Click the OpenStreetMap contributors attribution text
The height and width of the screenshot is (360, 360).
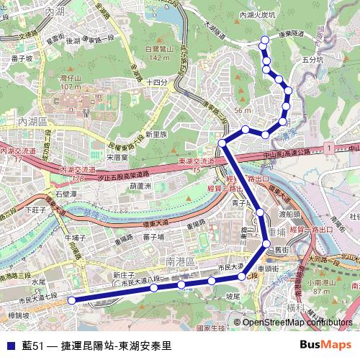(294, 323)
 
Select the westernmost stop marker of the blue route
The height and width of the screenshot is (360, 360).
(71, 300)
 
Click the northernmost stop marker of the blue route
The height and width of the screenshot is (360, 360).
(264, 40)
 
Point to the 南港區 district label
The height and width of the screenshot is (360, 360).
(176, 264)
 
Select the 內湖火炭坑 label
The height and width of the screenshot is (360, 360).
(257, 14)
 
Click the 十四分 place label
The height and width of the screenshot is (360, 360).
(156, 83)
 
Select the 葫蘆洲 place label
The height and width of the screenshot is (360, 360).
(140, 186)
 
